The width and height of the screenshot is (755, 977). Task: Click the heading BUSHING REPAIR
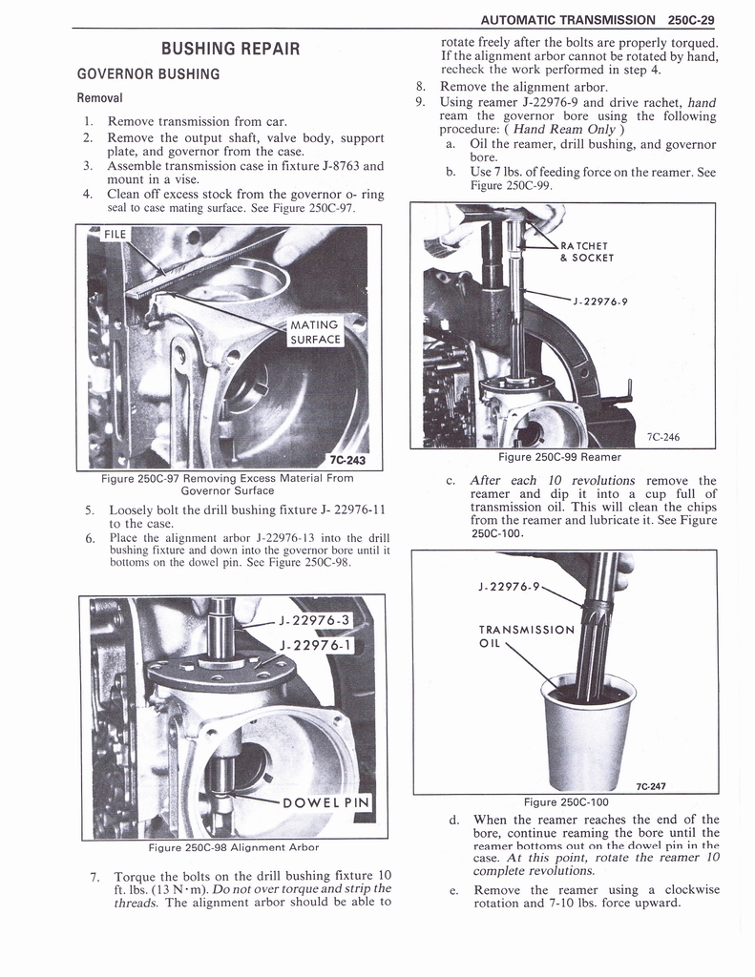click(x=230, y=49)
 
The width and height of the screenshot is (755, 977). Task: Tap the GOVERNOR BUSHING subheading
click(x=148, y=74)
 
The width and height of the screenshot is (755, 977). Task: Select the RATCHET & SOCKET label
click(x=586, y=251)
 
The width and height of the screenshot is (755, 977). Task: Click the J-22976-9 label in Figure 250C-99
click(x=599, y=302)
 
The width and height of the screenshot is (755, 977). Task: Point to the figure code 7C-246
click(x=663, y=437)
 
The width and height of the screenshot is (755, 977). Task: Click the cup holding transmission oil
click(x=586, y=725)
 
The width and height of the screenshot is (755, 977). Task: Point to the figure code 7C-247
click(x=650, y=786)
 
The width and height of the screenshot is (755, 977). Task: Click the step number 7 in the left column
click(x=92, y=876)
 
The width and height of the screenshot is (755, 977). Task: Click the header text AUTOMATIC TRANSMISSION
click(x=569, y=19)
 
